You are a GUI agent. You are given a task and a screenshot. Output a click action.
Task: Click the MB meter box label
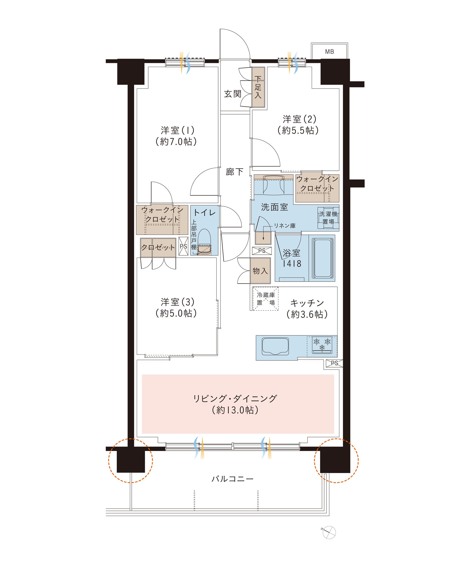point(329,52)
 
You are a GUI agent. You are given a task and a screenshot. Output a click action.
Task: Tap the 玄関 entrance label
point(233,94)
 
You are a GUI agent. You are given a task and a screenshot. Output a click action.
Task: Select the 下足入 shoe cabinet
point(258,87)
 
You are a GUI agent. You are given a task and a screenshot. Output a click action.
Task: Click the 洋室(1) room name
point(177,130)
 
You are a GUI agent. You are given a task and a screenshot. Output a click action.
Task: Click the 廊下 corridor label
point(234,172)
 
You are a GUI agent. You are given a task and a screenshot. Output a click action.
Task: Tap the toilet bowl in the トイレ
point(205,242)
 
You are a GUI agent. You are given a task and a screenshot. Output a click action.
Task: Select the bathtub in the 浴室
point(323,258)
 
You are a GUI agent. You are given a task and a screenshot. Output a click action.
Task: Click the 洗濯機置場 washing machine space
point(328,218)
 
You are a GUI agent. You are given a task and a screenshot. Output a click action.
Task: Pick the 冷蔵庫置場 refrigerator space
point(266,299)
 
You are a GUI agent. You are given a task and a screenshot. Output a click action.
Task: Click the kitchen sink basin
point(276,346)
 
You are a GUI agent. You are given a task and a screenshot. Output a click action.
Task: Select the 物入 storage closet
point(260,271)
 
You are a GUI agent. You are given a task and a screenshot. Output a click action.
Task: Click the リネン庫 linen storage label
point(285,226)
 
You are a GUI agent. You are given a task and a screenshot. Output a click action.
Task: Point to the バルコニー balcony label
point(233,479)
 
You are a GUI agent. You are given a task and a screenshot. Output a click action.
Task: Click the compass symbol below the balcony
point(329,532)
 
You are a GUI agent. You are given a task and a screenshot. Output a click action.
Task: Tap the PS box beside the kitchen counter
point(334,363)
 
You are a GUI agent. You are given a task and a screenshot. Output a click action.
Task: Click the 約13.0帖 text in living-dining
point(235,410)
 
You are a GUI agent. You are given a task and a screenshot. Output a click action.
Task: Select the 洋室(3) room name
point(177,302)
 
